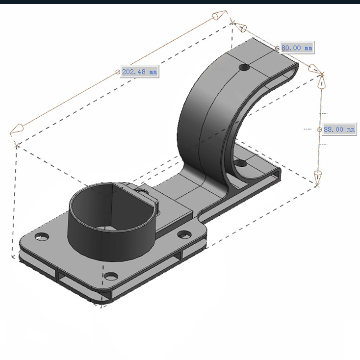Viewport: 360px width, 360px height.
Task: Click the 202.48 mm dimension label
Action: (x=140, y=72)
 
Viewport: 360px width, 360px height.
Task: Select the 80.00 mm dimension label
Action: (x=297, y=48)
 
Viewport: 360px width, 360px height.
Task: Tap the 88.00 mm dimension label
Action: (x=339, y=129)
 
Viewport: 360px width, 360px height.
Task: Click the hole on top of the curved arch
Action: (x=244, y=68)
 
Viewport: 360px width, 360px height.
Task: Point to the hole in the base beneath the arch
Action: (x=240, y=164)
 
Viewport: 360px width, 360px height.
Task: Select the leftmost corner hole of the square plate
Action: (x=42, y=236)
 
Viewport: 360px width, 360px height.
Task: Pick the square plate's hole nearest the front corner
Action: (x=111, y=276)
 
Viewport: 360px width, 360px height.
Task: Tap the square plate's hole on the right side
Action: (x=184, y=234)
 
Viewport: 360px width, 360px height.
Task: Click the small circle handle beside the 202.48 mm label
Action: (x=118, y=72)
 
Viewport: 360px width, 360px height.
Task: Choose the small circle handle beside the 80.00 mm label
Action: (x=277, y=48)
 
